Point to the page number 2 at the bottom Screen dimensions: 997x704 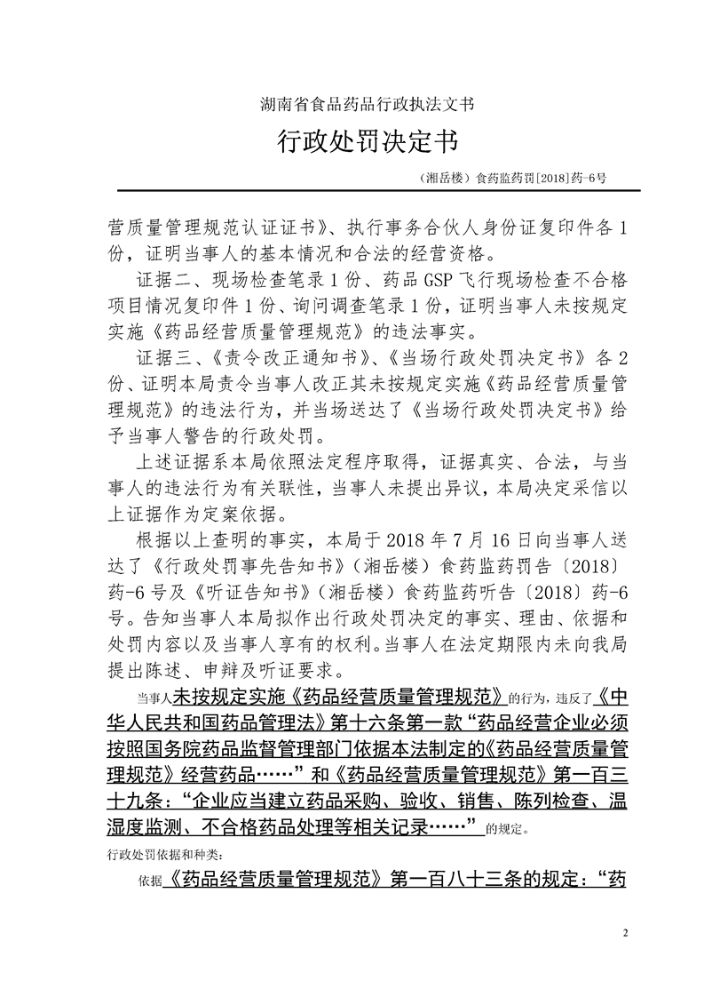626,932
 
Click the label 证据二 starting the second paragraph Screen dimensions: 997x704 157,281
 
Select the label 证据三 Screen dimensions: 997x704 157,359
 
